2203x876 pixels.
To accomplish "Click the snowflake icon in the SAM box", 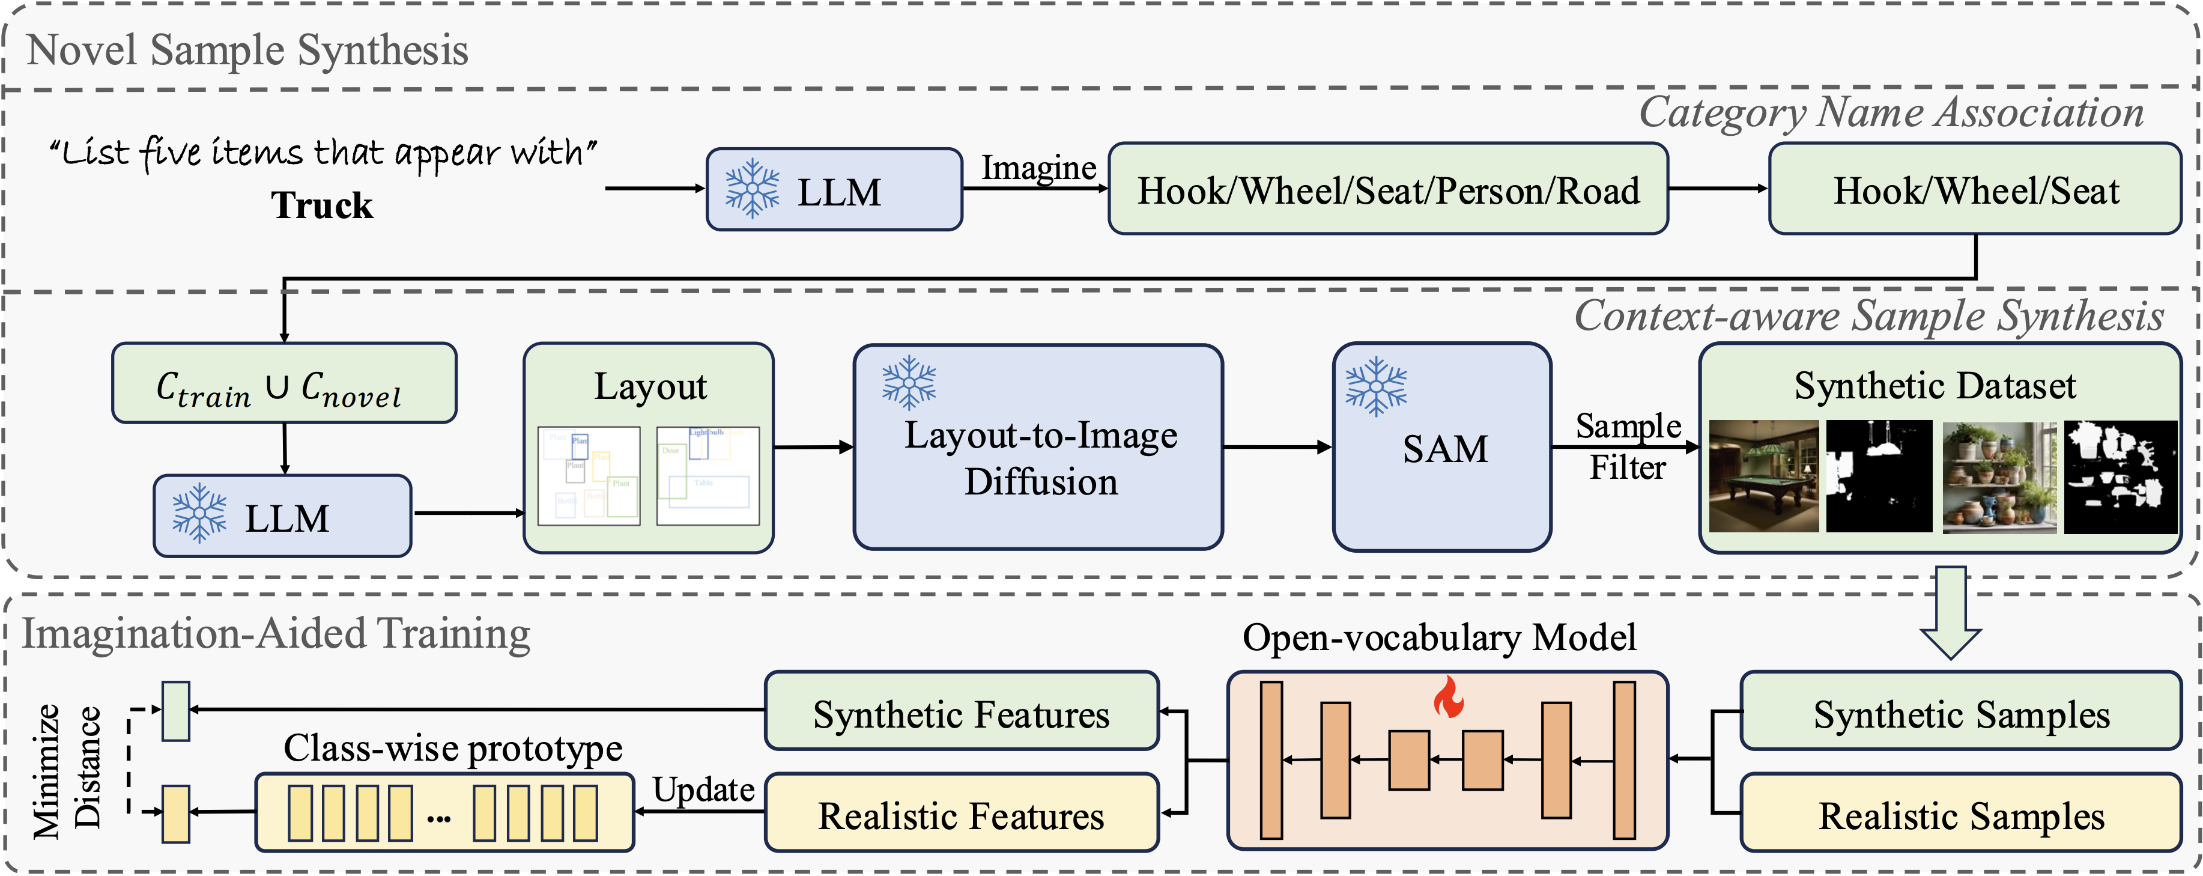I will click(1375, 387).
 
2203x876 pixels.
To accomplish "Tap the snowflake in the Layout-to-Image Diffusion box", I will click(909, 382).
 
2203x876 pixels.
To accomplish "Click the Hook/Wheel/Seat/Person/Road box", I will click(1387, 190).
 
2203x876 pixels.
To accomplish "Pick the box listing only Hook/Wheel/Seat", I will click(1975, 190).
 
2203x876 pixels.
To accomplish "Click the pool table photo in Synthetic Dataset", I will click(1763, 476).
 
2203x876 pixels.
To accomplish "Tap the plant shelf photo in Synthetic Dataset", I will click(1999, 476).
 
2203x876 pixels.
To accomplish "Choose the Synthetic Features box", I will click(961, 712).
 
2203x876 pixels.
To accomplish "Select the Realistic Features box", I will click(961, 814).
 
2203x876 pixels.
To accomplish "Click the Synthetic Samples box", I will click(1960, 712).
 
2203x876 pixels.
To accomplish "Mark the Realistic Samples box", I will click(1960, 814).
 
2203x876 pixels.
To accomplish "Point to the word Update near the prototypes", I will click(703, 789).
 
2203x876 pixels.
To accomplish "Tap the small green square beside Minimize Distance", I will click(176, 710).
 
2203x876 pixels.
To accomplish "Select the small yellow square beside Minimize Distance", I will click(176, 813).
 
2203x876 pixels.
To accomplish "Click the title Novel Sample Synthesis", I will click(247, 50).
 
